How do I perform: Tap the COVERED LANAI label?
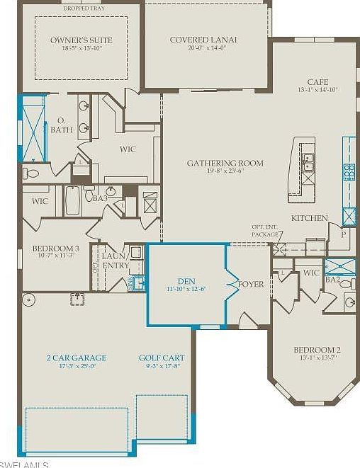pos(205,40)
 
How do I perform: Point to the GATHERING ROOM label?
pos(225,164)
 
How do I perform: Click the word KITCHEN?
pos(309,218)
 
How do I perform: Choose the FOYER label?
pos(251,284)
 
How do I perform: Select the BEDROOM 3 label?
pos(55,249)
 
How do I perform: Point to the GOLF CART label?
pos(163,358)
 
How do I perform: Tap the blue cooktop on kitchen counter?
pos(349,171)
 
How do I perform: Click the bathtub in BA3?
pos(74,201)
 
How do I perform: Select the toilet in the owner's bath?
pos(30,172)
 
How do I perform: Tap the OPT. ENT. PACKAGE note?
pos(266,230)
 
